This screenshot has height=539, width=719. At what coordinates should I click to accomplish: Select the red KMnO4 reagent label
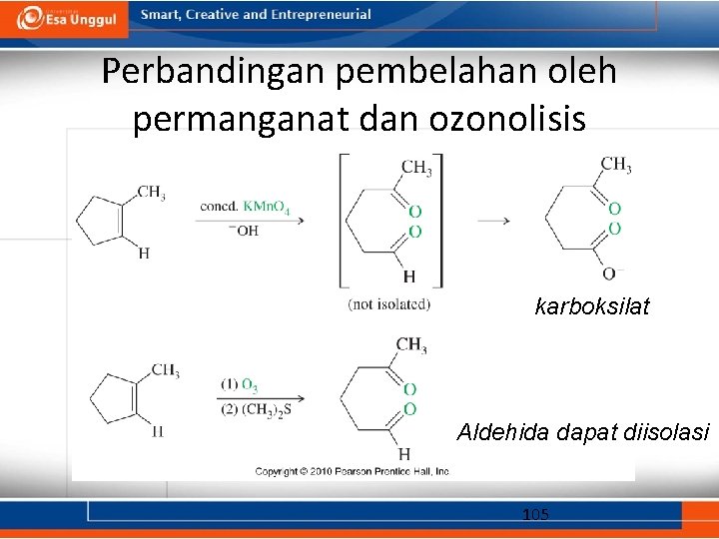click(267, 207)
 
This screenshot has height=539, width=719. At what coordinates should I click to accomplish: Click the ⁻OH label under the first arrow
click(245, 231)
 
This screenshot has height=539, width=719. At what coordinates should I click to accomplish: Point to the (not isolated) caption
click(389, 303)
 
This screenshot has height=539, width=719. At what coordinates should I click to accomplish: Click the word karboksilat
click(592, 306)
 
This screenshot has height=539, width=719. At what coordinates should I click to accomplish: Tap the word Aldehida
click(498, 433)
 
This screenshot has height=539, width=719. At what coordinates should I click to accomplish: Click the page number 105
click(535, 514)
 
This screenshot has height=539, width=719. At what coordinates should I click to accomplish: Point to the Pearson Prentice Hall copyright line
click(353, 471)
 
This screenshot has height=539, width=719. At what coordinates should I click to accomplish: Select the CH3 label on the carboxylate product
click(615, 165)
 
